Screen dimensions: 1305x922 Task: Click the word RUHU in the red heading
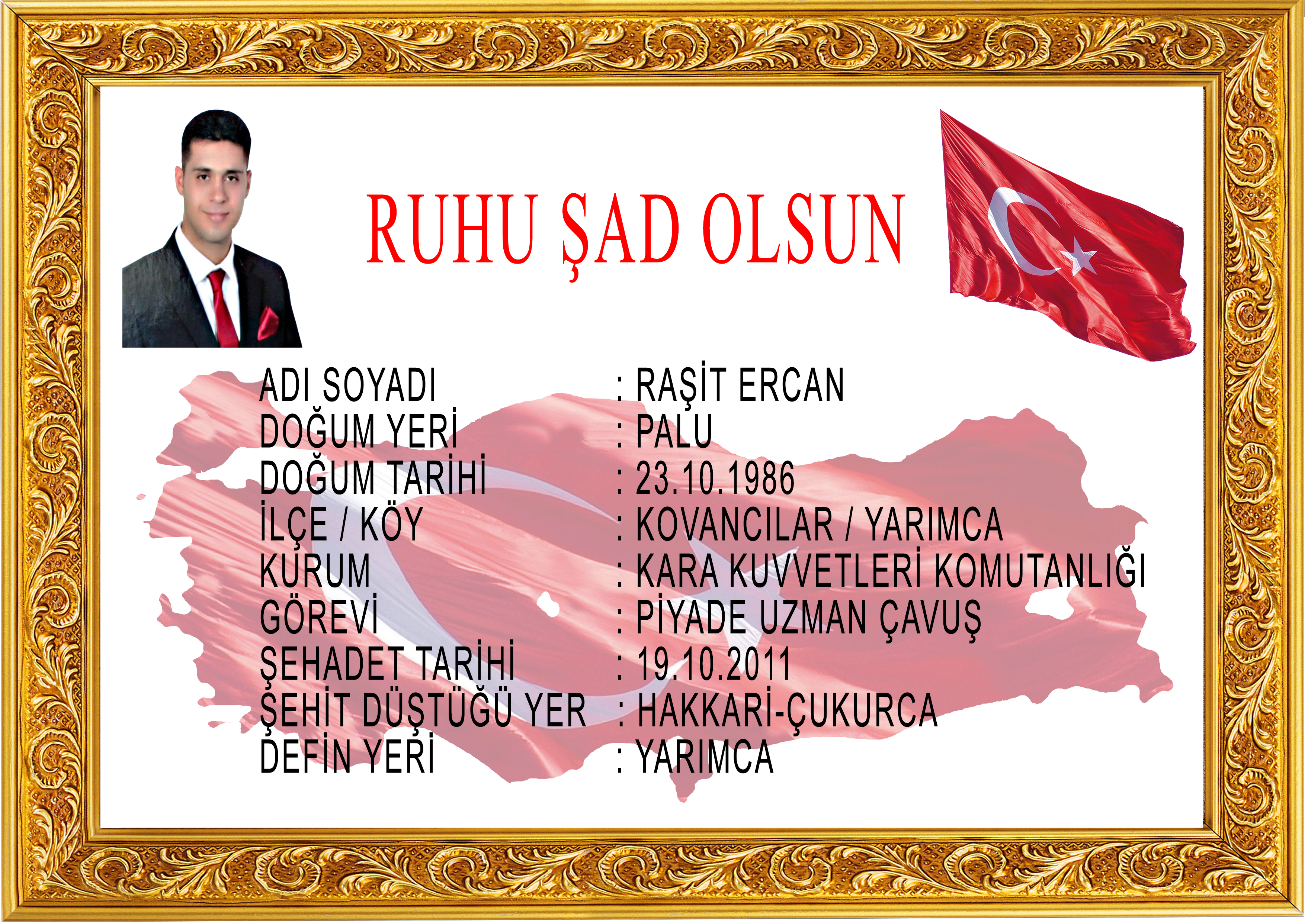pyautogui.click(x=452, y=229)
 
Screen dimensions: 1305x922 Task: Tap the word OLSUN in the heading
pyautogui.click(x=802, y=229)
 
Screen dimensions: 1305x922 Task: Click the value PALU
pyautogui.click(x=674, y=431)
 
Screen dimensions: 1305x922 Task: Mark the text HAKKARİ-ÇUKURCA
pyautogui.click(x=787, y=710)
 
